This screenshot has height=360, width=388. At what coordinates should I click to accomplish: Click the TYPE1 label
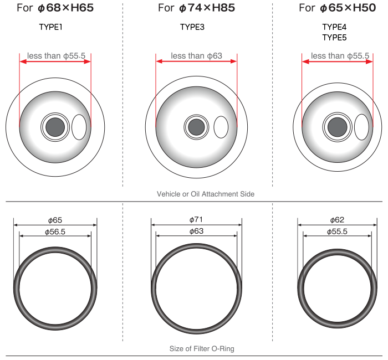(51, 27)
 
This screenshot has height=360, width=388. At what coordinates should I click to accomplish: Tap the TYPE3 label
(192, 27)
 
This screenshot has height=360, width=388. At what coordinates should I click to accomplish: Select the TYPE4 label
(334, 27)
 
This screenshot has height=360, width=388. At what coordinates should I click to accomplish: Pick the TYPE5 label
(334, 38)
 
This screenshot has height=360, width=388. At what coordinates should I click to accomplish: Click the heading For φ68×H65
(55, 8)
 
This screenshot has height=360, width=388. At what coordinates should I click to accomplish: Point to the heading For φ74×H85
(196, 8)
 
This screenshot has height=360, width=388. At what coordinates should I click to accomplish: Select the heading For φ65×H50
(337, 8)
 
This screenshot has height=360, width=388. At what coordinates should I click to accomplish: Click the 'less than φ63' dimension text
(196, 55)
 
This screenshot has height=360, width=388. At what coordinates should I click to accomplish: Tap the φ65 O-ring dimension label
(55, 220)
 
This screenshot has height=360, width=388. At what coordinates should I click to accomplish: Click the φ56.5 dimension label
(55, 232)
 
